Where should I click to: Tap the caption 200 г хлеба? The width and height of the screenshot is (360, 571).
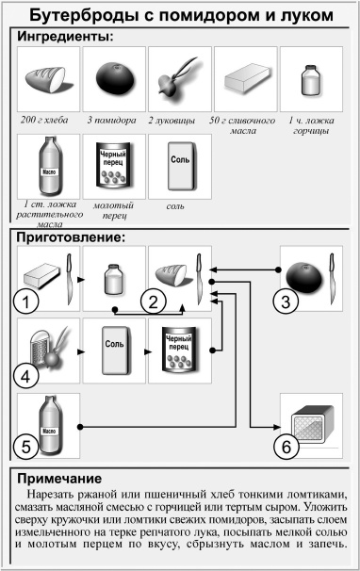tap(47, 121)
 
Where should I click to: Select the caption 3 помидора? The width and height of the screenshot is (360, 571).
tap(113, 121)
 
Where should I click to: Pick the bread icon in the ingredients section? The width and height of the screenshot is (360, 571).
tap(48, 79)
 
